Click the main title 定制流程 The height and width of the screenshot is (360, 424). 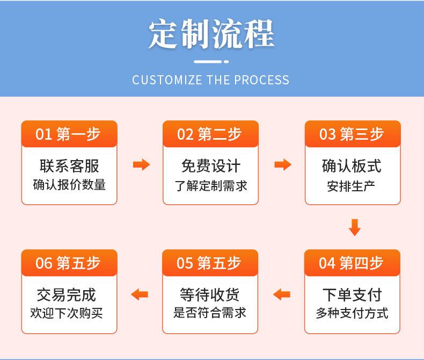coord(211,34)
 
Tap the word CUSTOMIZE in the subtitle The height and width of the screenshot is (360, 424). coord(167,80)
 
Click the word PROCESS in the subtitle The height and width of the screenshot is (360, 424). coord(261,80)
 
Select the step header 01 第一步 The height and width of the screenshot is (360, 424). coord(68,134)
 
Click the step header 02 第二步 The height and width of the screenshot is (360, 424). coord(209,134)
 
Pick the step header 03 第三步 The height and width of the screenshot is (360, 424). coord(351,134)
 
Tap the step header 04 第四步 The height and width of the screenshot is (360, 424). coord(350,263)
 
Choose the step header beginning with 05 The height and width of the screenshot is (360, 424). coord(208,263)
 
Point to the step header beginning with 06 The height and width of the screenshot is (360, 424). coord(68,263)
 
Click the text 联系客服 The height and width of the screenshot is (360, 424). coord(69,165)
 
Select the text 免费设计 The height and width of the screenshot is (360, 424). coord(210,165)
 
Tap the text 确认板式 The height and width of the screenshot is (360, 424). coord(352,165)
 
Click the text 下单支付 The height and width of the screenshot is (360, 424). coord(352,294)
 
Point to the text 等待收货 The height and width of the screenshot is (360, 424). coord(209,294)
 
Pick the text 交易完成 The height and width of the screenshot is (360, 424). coord(67,294)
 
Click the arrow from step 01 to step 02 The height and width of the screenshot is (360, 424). coord(142,164)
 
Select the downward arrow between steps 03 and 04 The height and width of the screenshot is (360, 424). coord(355,227)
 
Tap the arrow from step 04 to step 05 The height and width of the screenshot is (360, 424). coord(282,294)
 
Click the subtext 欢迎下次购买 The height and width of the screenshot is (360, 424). coord(67,313)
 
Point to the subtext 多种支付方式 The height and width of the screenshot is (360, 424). coord(352,313)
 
